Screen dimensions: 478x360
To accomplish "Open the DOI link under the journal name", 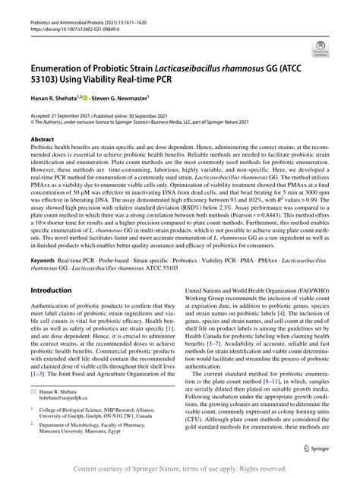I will (69, 16).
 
